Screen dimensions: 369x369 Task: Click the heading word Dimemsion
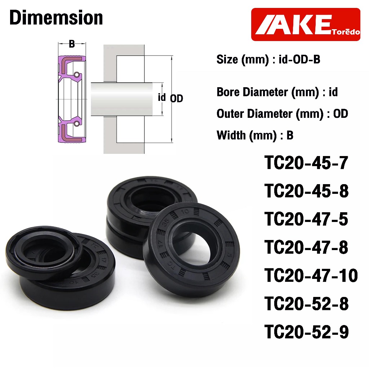56,18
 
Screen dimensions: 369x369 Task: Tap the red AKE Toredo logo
306,25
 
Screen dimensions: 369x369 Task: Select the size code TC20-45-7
306,163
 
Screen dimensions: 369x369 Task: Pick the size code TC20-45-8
306,191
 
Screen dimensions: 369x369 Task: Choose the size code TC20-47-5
306,219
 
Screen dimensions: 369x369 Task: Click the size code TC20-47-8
306,247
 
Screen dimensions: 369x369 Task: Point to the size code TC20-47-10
311,275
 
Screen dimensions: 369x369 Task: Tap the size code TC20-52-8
306,303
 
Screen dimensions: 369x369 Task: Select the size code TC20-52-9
306,332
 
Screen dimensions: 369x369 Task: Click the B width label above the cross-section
72,44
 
